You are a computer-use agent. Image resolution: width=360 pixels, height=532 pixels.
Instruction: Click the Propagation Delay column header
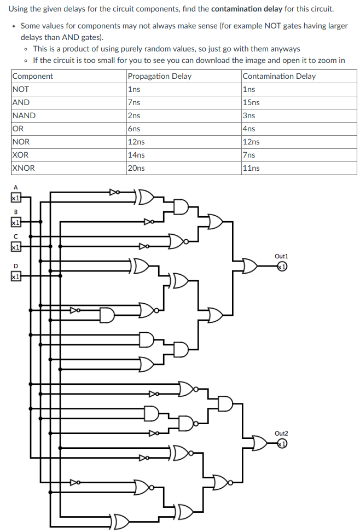[159, 76]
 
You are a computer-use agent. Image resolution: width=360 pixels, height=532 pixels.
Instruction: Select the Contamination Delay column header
[279, 76]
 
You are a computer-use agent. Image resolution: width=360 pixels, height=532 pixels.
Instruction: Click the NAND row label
[24, 115]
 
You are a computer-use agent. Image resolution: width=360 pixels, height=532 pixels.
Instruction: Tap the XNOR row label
[24, 168]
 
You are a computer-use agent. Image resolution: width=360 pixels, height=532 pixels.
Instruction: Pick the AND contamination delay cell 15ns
[251, 102]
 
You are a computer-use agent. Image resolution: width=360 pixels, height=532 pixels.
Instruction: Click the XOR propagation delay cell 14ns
[136, 155]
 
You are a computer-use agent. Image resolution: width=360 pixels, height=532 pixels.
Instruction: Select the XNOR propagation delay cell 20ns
[136, 168]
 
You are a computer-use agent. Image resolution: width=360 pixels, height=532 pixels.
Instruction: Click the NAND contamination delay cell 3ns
[249, 115]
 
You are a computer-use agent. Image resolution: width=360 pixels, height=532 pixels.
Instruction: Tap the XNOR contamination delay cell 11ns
[251, 168]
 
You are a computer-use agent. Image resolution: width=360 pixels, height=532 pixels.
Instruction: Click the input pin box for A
[16, 198]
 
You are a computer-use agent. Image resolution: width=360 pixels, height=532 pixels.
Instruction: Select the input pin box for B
[16, 223]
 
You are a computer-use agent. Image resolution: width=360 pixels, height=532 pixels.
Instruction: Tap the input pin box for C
[16, 247]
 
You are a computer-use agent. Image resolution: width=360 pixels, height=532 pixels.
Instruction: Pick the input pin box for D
[16, 277]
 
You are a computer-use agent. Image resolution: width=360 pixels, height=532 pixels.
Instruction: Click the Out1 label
[281, 256]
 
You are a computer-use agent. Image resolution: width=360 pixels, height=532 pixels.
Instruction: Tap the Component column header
[33, 76]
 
